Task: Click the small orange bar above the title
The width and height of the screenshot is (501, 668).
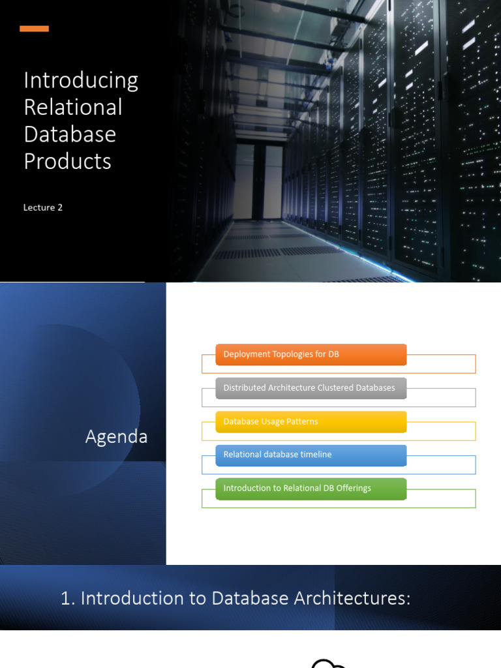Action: coord(34,29)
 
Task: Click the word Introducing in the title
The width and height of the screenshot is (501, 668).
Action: coord(81,80)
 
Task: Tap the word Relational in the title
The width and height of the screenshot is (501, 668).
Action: coord(73,107)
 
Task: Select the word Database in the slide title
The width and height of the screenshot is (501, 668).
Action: coord(70,134)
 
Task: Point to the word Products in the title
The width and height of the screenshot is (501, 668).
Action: coord(67,160)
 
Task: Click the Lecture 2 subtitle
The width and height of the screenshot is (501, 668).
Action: coord(43,207)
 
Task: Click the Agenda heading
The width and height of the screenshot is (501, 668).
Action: coord(116,436)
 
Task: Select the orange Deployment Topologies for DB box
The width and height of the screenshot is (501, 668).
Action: coord(311,355)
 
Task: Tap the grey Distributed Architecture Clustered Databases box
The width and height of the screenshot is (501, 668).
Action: coord(311,388)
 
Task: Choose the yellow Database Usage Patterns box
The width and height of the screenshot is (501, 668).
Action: coord(311,421)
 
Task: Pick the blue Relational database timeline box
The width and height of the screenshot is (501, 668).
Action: coord(311,455)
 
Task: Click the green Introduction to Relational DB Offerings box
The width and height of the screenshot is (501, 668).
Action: coord(311,489)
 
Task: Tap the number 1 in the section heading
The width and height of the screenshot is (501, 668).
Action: coord(65,598)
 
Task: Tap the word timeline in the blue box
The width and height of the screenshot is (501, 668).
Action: coord(316,455)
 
